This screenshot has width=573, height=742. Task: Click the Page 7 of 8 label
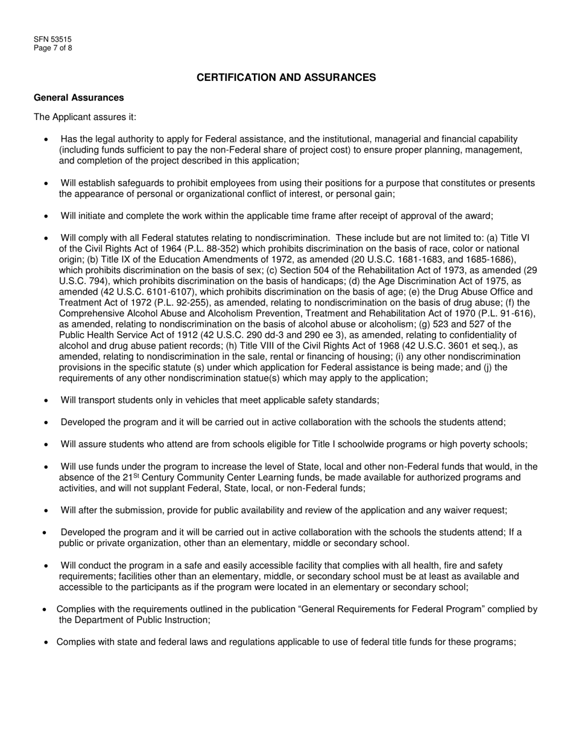[53, 48]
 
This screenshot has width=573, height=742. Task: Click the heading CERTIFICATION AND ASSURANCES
[286, 77]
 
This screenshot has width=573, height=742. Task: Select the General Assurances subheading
[79, 97]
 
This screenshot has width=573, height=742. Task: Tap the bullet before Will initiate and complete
[47, 216]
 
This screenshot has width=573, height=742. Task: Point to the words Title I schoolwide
[296, 445]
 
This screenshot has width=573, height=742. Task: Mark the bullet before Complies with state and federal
[47, 643]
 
